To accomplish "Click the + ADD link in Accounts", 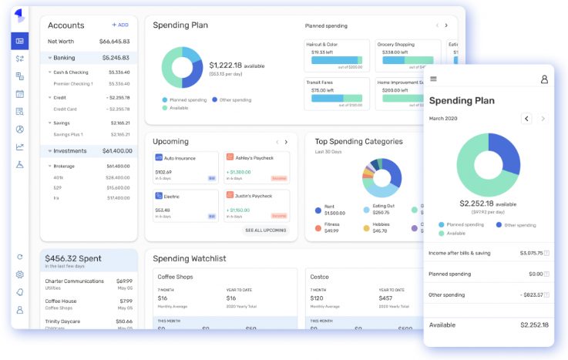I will click(x=120, y=25).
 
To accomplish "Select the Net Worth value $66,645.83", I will click(x=114, y=42).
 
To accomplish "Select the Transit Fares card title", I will click(x=320, y=81).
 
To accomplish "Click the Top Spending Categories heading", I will click(x=359, y=142).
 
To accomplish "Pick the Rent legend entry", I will click(x=329, y=207).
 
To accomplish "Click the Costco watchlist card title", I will click(x=319, y=276).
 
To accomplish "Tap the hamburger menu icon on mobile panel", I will click(x=434, y=79).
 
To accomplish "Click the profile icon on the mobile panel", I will click(x=544, y=79).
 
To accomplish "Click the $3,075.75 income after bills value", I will click(x=531, y=253).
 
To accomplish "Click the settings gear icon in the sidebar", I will click(x=20, y=274).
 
